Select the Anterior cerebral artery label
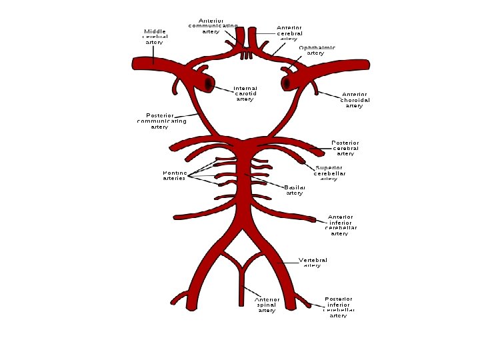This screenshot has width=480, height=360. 289,33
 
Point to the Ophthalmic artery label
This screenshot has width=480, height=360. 316,50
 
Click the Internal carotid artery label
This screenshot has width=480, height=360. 245,93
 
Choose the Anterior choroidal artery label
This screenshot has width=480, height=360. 355,100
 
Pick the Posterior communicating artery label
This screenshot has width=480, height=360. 161,121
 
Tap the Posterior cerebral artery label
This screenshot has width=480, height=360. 345,148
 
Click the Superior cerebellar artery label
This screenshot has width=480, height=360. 329,173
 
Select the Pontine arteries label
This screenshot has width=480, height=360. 174,175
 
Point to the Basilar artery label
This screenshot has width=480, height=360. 295,190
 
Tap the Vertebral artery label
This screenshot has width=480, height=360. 312,262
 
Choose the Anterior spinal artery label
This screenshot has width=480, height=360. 267,305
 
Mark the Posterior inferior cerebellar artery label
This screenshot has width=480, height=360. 339,307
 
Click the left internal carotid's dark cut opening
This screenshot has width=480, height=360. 209,85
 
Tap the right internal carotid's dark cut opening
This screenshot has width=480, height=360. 287,83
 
